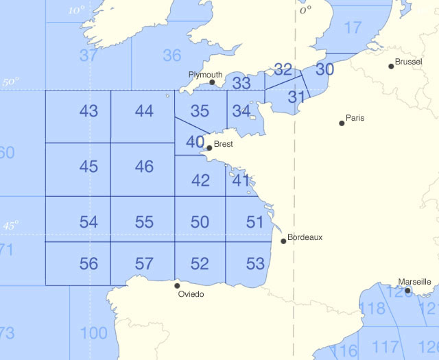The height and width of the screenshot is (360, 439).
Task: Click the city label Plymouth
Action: (x=206, y=75)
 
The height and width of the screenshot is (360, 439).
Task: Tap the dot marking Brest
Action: (x=209, y=147)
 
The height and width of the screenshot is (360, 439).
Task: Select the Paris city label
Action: (x=355, y=118)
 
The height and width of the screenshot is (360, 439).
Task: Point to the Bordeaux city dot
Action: (x=283, y=241)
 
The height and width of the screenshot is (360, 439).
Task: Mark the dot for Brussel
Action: (x=391, y=66)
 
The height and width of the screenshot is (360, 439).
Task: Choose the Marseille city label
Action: (x=414, y=282)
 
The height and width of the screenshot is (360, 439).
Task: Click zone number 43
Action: (x=88, y=111)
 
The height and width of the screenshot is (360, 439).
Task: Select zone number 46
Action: (x=144, y=166)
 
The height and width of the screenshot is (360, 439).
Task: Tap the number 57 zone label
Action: (x=144, y=263)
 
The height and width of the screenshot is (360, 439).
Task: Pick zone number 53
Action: (x=254, y=263)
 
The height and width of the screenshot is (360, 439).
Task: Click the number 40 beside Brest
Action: (x=195, y=142)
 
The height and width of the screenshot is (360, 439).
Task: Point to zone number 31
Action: (x=296, y=97)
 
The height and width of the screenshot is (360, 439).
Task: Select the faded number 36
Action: (x=172, y=56)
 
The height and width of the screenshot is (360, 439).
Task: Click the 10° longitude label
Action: (x=78, y=10)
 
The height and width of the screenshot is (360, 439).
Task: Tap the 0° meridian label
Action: (x=305, y=10)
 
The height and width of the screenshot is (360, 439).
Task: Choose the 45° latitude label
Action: (x=11, y=225)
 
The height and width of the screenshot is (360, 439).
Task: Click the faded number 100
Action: (x=93, y=334)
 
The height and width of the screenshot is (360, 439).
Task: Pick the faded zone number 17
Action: (x=353, y=28)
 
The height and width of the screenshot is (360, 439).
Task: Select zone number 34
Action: (x=241, y=110)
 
